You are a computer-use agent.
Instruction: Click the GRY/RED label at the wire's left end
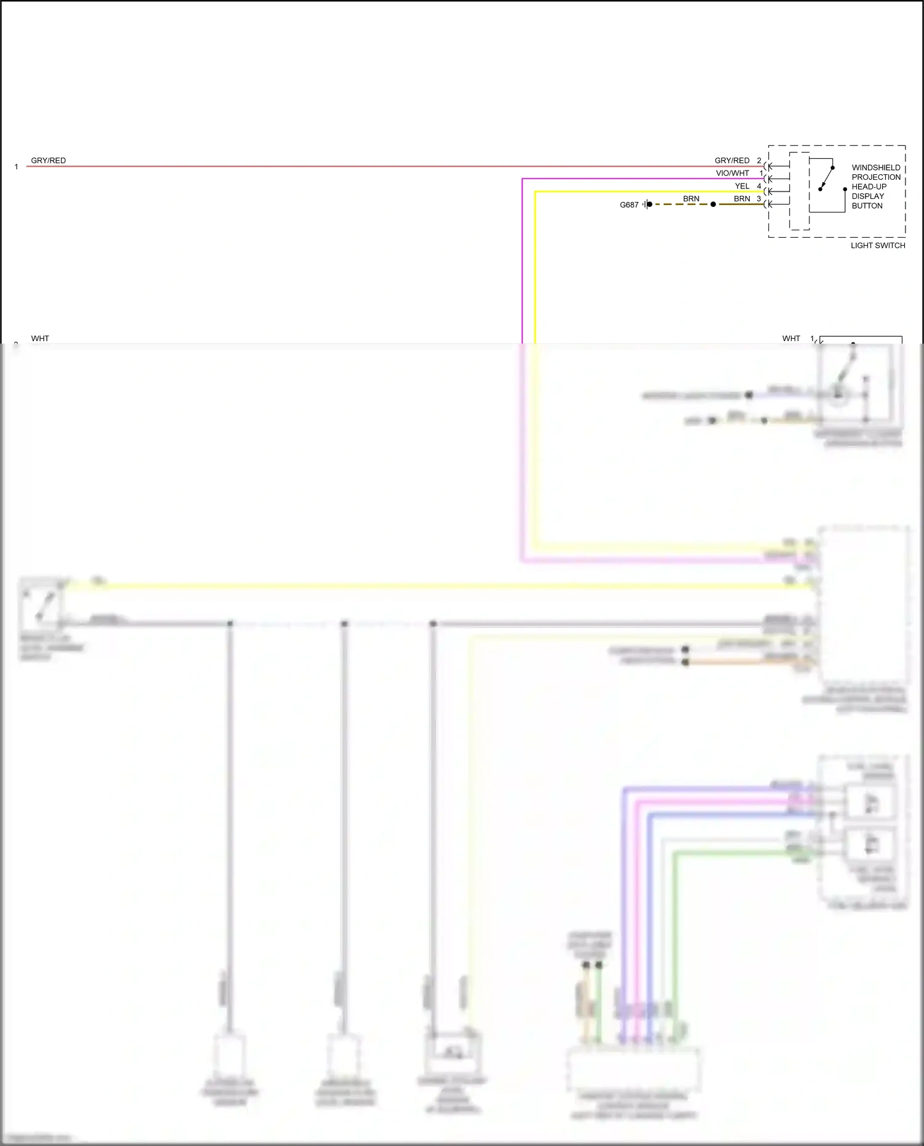coord(48,160)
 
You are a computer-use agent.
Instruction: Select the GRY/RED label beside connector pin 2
coord(732,160)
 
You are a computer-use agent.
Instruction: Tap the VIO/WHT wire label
coord(732,173)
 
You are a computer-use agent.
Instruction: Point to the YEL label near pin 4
coord(742,186)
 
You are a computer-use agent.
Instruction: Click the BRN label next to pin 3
coord(742,199)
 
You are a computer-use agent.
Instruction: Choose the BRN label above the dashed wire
coord(691,199)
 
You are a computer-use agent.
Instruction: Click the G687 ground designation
coord(629,205)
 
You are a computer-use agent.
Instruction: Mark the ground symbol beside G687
coord(647,204)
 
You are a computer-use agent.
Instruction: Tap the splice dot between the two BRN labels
coord(713,204)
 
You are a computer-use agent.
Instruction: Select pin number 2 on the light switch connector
coord(759,160)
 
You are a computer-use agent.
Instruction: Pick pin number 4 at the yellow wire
coord(759,186)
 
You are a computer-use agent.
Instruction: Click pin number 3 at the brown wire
coord(759,199)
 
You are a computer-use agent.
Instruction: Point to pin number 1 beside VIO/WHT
coord(761,173)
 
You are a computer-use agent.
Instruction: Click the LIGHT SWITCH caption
coord(878,245)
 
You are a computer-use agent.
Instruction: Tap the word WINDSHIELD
coord(876,167)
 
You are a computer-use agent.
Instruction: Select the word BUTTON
coord(867,206)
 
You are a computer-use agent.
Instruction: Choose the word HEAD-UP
coord(869,187)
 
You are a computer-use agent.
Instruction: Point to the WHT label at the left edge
coord(40,338)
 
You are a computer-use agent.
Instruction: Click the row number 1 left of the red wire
coord(16,167)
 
